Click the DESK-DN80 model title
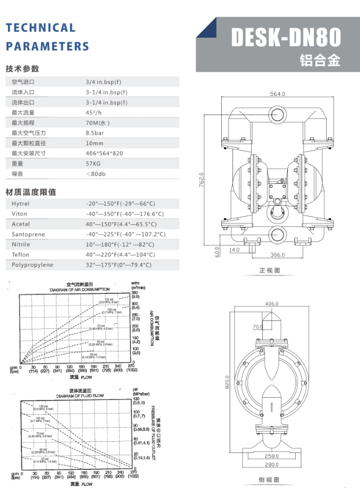[x=286, y=38]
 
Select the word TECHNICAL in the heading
[x=40, y=28]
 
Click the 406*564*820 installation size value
[x=104, y=153]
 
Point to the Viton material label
[x=20, y=214]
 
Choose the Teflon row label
[x=21, y=254]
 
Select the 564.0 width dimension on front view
[x=277, y=94]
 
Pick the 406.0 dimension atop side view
[x=271, y=304]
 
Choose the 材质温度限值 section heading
[x=30, y=192]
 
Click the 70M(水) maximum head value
[x=98, y=122]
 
